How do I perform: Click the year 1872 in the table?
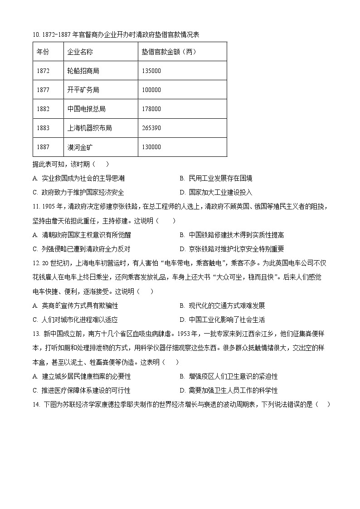tap(43, 71)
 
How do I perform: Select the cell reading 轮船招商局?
tap(83, 71)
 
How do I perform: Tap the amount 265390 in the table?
tap(151, 128)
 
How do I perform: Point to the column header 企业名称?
tap(80, 52)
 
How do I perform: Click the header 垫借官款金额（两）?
tap(169, 52)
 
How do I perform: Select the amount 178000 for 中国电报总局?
tap(151, 109)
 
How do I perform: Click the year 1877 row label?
tap(43, 90)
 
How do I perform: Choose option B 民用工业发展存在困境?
tap(216, 178)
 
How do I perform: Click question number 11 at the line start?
tap(36, 207)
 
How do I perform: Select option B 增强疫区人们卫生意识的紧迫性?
tap(229, 376)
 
